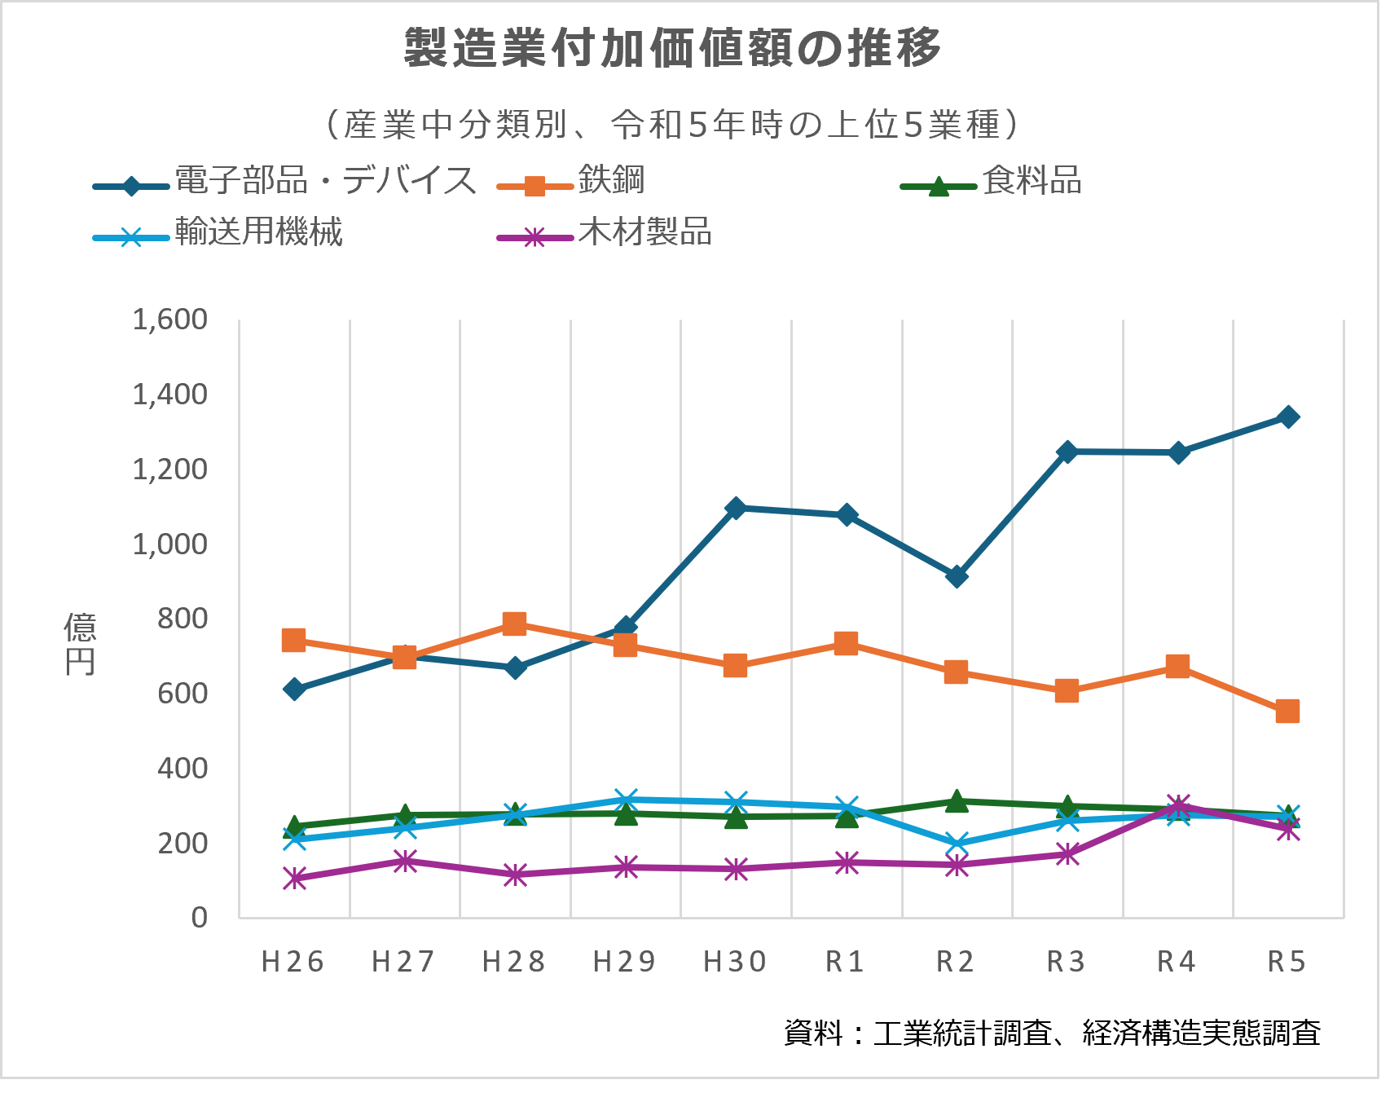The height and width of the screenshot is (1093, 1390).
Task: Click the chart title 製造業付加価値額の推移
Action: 673,49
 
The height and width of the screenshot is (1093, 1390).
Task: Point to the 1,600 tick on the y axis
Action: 169,320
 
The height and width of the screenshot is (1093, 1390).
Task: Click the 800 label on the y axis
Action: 183,619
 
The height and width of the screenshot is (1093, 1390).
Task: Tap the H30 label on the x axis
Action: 735,962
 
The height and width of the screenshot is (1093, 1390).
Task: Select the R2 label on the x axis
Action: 956,962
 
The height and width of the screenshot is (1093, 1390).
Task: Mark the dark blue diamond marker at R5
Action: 1288,417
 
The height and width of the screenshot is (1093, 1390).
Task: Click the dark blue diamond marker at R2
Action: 957,577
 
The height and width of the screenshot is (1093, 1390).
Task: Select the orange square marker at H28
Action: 514,624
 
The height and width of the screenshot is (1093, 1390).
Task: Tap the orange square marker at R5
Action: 1287,711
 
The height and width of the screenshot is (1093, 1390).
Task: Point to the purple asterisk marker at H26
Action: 294,879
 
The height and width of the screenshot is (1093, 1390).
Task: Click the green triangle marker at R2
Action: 957,801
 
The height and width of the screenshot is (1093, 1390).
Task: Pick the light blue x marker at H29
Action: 625,800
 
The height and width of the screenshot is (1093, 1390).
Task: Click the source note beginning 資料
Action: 1051,1033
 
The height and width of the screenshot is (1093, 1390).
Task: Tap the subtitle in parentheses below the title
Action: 673,125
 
